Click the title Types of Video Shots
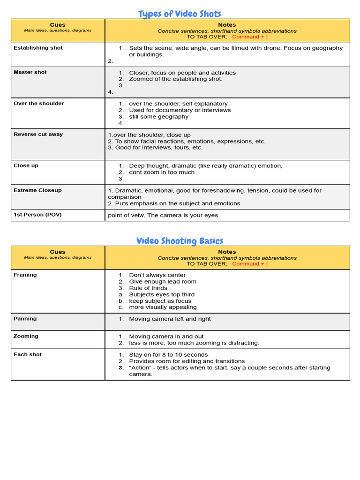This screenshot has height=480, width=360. pos(180,14)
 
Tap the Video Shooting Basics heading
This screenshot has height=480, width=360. pos(180,241)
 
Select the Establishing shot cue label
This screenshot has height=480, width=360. pos(38,48)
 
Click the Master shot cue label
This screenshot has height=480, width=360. pos(30,72)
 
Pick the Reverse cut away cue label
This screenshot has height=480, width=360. pos(38,135)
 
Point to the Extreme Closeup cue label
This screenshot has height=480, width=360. pos(37,190)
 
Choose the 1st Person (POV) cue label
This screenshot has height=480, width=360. pos(37,215)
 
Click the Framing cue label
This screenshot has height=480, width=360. pos(25,275)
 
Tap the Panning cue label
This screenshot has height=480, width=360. pos(25,319)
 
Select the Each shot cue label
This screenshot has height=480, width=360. pos(28,355)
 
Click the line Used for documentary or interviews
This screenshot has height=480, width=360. pos(180,110)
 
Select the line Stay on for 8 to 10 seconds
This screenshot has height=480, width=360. pos(168,355)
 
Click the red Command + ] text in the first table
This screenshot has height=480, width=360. pos(250,37)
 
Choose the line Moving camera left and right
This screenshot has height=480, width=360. pos(170,319)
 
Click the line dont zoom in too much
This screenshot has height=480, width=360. pos(162,172)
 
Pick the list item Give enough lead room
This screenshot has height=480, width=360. pos(163,282)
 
